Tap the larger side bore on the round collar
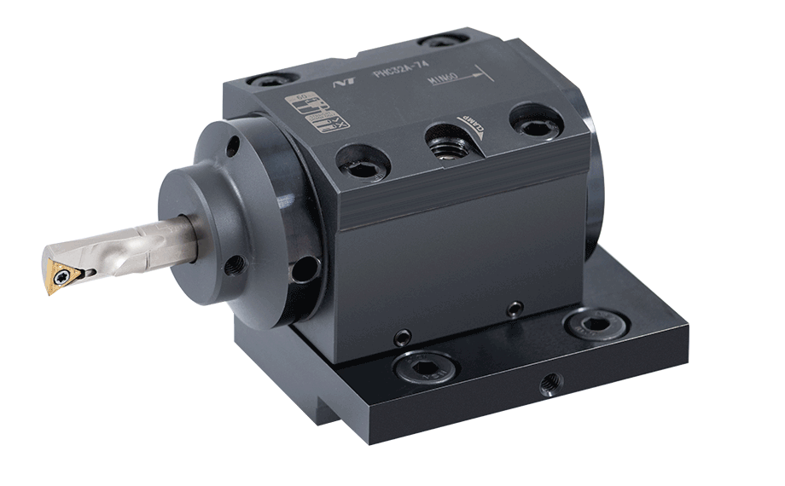pyautogui.click(x=302, y=272)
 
